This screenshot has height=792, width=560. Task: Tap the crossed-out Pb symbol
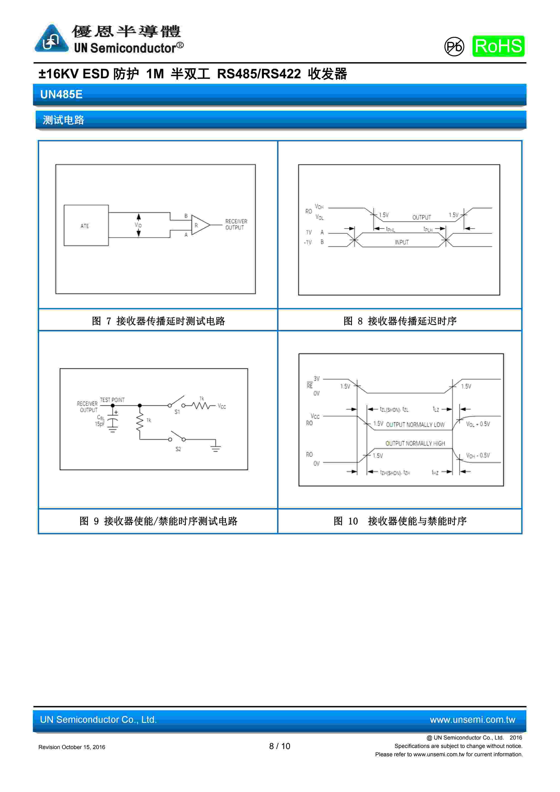tap(454, 47)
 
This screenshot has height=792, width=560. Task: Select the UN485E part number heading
tap(61, 94)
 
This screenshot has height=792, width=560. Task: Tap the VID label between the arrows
tap(138, 225)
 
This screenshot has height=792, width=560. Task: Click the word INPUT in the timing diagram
tap(402, 242)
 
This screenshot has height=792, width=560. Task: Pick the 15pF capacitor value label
tap(100, 424)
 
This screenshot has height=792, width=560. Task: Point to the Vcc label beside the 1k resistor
tap(222, 406)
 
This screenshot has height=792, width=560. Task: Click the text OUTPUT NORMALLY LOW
tap(415, 425)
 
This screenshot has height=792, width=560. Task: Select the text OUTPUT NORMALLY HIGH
tap(415, 443)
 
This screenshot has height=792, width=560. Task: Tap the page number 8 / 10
tap(280, 746)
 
